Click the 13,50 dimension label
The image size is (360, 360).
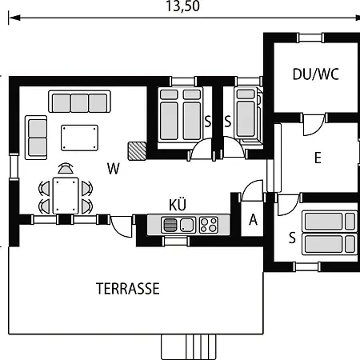tap(182, 6)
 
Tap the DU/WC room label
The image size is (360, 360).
tap(316, 74)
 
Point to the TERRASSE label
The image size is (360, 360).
tap(128, 289)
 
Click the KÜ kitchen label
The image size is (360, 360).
tap(178, 204)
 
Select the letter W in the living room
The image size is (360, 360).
tap(114, 168)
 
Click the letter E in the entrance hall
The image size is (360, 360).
tap(318, 158)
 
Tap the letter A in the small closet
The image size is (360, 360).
tap(253, 220)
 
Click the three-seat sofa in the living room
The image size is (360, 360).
tap(79, 102)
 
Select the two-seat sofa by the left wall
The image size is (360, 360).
tap(36, 138)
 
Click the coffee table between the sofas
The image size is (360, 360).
tap(79, 138)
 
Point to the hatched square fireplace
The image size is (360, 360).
tap(137, 151)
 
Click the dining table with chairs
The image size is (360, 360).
tap(66, 192)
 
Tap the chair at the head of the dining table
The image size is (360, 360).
tap(66, 169)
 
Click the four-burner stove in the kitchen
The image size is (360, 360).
tap(209, 225)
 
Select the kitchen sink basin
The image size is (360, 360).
tap(186, 225)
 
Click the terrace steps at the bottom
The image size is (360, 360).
tap(189, 347)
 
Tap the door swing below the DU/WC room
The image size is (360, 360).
tap(314, 125)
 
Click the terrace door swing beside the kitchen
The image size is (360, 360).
tap(122, 226)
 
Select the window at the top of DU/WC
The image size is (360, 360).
tap(310, 38)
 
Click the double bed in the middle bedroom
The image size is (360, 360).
tap(180, 114)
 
